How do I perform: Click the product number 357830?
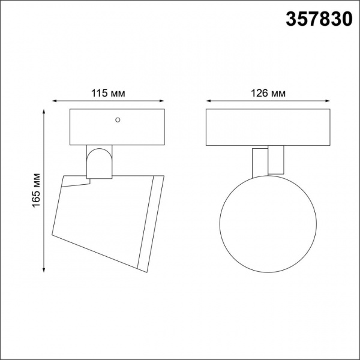(319, 19)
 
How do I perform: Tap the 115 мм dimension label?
(108, 93)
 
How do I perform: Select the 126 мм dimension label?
(268, 93)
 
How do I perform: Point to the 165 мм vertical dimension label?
(36, 191)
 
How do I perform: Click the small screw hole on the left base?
(118, 120)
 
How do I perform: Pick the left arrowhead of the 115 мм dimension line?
(55, 101)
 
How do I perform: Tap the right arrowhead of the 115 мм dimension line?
(162, 101)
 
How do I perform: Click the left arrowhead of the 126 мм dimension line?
(208, 101)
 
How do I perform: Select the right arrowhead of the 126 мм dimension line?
(328, 101)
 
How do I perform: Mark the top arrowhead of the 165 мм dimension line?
(44, 112)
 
